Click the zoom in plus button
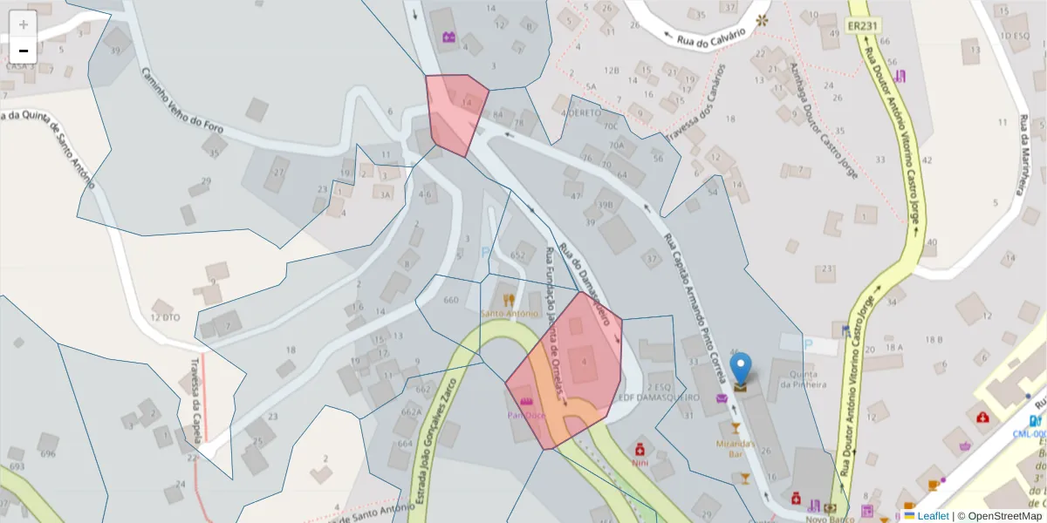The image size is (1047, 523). [x=24, y=24]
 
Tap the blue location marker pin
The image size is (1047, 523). [x=740, y=370]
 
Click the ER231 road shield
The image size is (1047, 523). [x=862, y=27]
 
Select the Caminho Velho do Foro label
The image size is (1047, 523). [x=183, y=100]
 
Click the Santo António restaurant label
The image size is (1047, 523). [x=509, y=313]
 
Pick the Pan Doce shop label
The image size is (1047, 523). [x=527, y=415]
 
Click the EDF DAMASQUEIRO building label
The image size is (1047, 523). [x=659, y=397]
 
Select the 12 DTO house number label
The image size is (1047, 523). [x=164, y=317]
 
